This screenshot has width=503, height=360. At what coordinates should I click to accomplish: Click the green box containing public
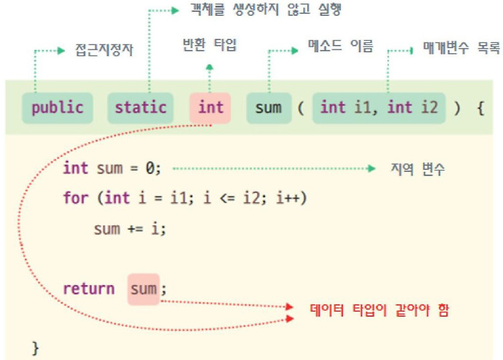[x=57, y=108]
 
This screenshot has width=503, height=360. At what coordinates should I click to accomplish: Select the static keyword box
[x=140, y=108]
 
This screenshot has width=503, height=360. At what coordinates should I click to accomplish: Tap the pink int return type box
[x=210, y=108]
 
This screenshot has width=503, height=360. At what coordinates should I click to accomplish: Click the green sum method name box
[x=268, y=108]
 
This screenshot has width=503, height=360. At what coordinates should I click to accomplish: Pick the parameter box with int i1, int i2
[x=380, y=108]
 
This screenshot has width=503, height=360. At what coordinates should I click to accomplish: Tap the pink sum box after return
[x=144, y=289]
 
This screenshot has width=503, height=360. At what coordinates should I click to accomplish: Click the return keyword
[x=89, y=289]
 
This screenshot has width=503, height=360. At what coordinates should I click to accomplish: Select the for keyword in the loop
[x=75, y=198]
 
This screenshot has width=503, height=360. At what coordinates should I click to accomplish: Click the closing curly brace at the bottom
[x=36, y=347]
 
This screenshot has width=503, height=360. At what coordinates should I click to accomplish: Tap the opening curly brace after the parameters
[x=480, y=108]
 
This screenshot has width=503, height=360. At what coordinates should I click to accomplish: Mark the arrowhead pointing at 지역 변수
[x=372, y=168]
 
